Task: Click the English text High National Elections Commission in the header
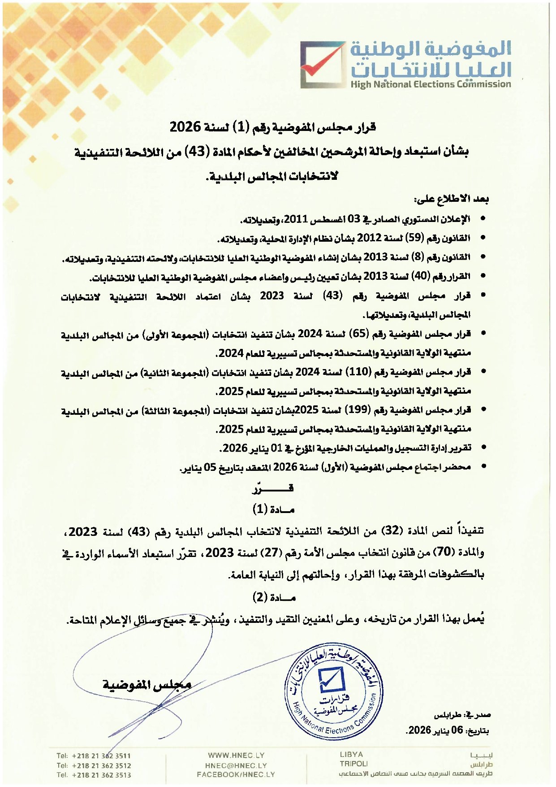431,84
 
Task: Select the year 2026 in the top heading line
185,127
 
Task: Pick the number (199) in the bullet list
358,410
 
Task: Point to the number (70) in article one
444,552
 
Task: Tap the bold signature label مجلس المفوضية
147,685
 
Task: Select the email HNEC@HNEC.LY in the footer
236,765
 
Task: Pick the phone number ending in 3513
94,775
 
